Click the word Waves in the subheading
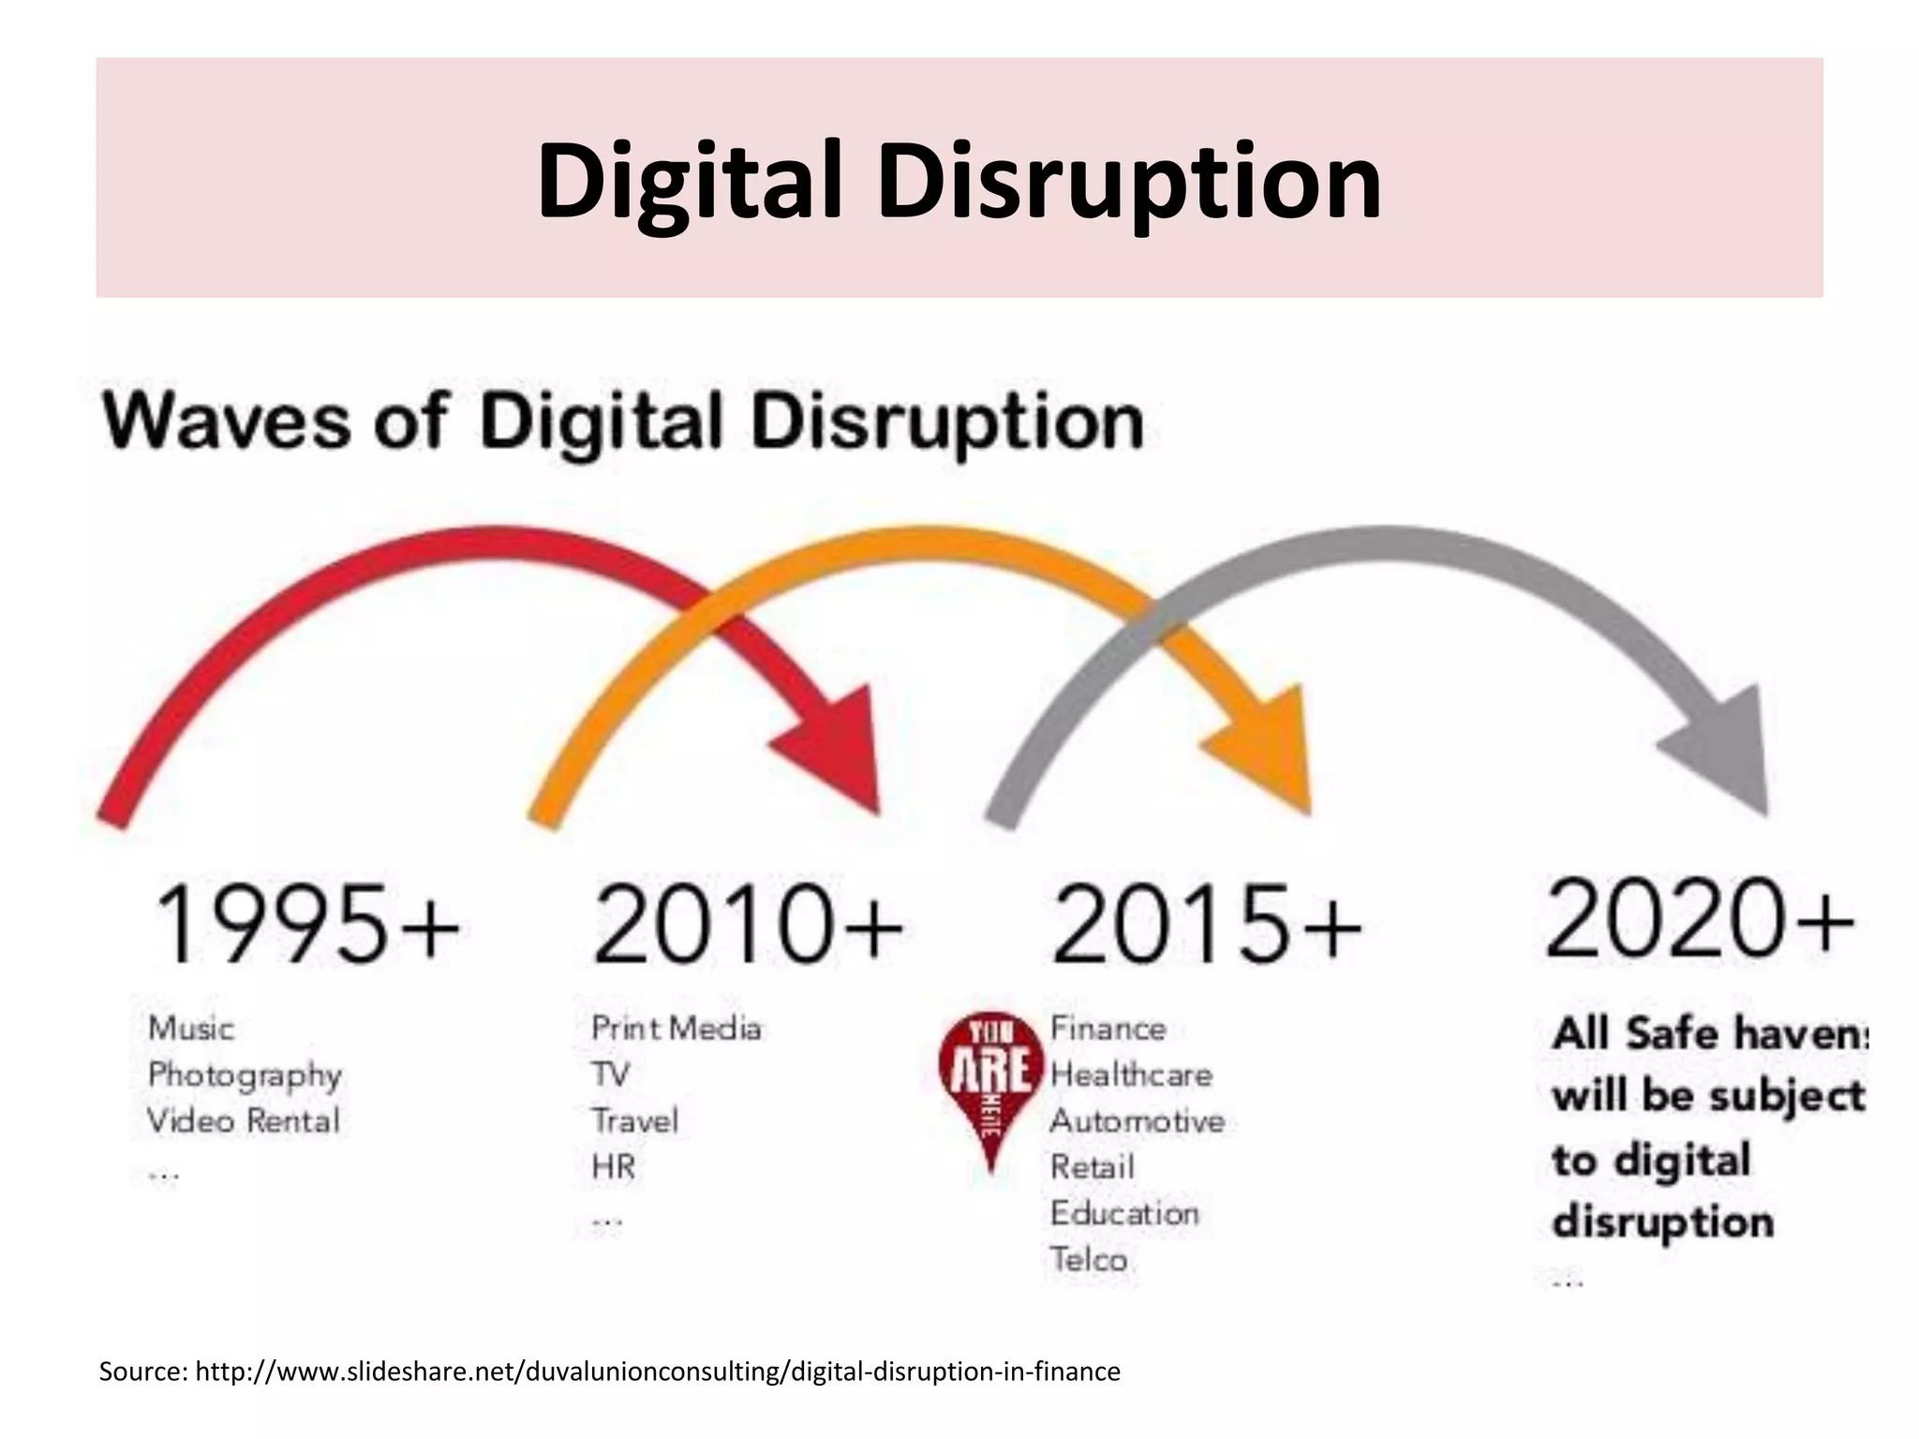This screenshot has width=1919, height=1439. [x=227, y=421]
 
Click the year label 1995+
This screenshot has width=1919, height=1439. [x=306, y=924]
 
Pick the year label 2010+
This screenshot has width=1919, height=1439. [x=748, y=924]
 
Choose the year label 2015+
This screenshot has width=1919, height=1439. [x=1206, y=924]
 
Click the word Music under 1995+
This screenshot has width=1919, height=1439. [x=191, y=1029]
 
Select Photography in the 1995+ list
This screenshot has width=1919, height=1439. [x=245, y=1075]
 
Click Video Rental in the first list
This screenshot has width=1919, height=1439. [x=244, y=1120]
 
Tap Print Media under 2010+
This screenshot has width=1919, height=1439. [x=676, y=1029]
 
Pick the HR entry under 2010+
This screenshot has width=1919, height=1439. [x=614, y=1167]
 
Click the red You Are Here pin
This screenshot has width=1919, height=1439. [x=990, y=1077]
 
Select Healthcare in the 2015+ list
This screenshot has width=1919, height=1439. [x=1131, y=1075]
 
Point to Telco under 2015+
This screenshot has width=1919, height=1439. [x=1088, y=1259]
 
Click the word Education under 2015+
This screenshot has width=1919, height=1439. [x=1124, y=1213]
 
